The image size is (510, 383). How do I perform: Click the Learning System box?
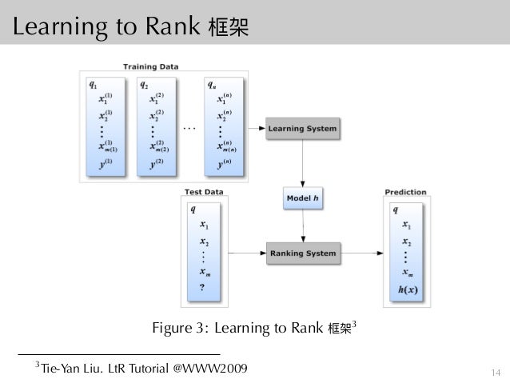click(301, 128)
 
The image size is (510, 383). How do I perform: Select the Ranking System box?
click(301, 253)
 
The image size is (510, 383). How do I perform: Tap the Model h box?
click(301, 197)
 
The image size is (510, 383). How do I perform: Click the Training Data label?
click(150, 66)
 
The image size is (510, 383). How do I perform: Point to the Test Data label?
click(203, 192)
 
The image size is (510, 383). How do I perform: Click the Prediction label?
click(405, 192)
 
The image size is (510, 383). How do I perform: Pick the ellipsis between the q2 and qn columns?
click(189, 127)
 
